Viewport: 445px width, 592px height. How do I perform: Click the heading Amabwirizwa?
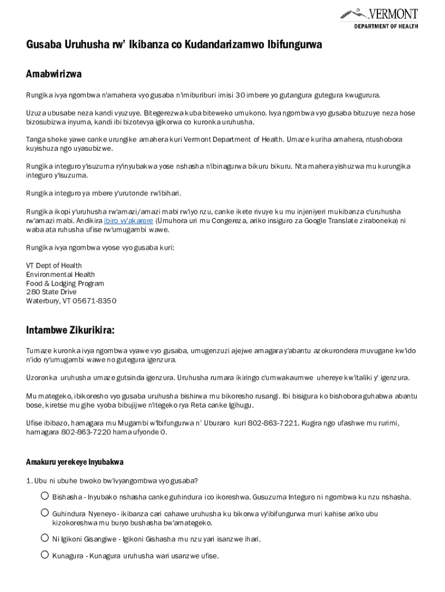pos(54,74)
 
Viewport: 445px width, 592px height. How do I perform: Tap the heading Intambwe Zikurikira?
pos(70,330)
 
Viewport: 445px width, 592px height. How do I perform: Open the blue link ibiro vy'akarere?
pos(128,221)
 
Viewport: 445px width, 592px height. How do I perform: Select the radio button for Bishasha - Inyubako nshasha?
pos(44,496)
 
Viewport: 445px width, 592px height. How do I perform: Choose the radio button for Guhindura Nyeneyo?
pos(44,513)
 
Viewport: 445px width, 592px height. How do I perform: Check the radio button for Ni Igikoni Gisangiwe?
pos(44,538)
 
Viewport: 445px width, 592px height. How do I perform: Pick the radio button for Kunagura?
pos(44,555)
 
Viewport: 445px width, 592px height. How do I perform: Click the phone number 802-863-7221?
pos(273,423)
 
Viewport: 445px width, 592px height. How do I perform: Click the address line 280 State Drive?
pos(51,292)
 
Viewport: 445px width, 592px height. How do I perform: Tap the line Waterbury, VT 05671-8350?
pos(71,301)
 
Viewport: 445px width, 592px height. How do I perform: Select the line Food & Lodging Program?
pos(65,283)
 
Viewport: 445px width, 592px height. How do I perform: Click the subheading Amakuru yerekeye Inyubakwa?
pos(75,462)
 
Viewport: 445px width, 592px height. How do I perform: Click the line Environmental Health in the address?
pos(61,275)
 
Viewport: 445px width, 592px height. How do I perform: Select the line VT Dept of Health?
pos(54,266)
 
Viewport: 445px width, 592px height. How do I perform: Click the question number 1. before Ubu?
pos(29,480)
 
